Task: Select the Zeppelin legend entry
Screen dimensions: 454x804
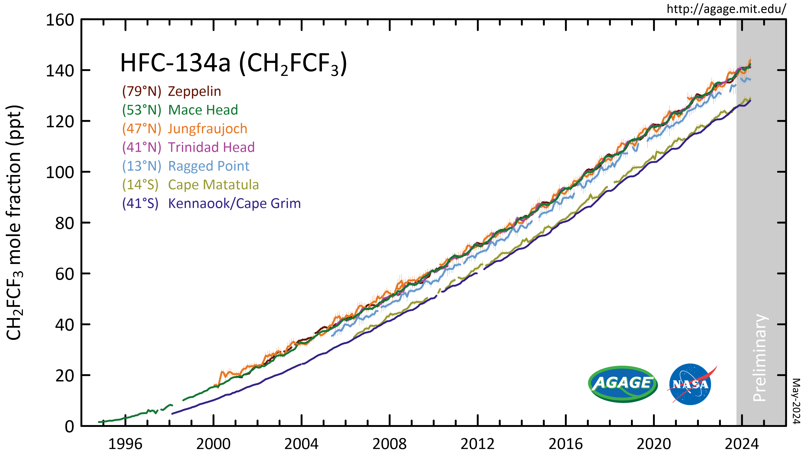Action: pos(194,91)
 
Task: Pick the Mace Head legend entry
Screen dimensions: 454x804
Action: pos(203,110)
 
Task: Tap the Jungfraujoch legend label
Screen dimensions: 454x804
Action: pos(207,129)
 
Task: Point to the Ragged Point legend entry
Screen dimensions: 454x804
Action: pos(208,166)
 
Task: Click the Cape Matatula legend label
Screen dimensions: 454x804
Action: pos(213,185)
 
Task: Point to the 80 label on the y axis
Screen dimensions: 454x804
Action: pos(64,223)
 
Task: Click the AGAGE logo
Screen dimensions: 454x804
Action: pos(622,384)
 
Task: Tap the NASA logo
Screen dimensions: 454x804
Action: pos(690,384)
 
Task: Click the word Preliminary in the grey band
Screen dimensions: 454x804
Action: pos(760,358)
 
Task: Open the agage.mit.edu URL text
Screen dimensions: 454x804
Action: pos(726,9)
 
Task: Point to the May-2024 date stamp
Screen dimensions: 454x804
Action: pos(796,401)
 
